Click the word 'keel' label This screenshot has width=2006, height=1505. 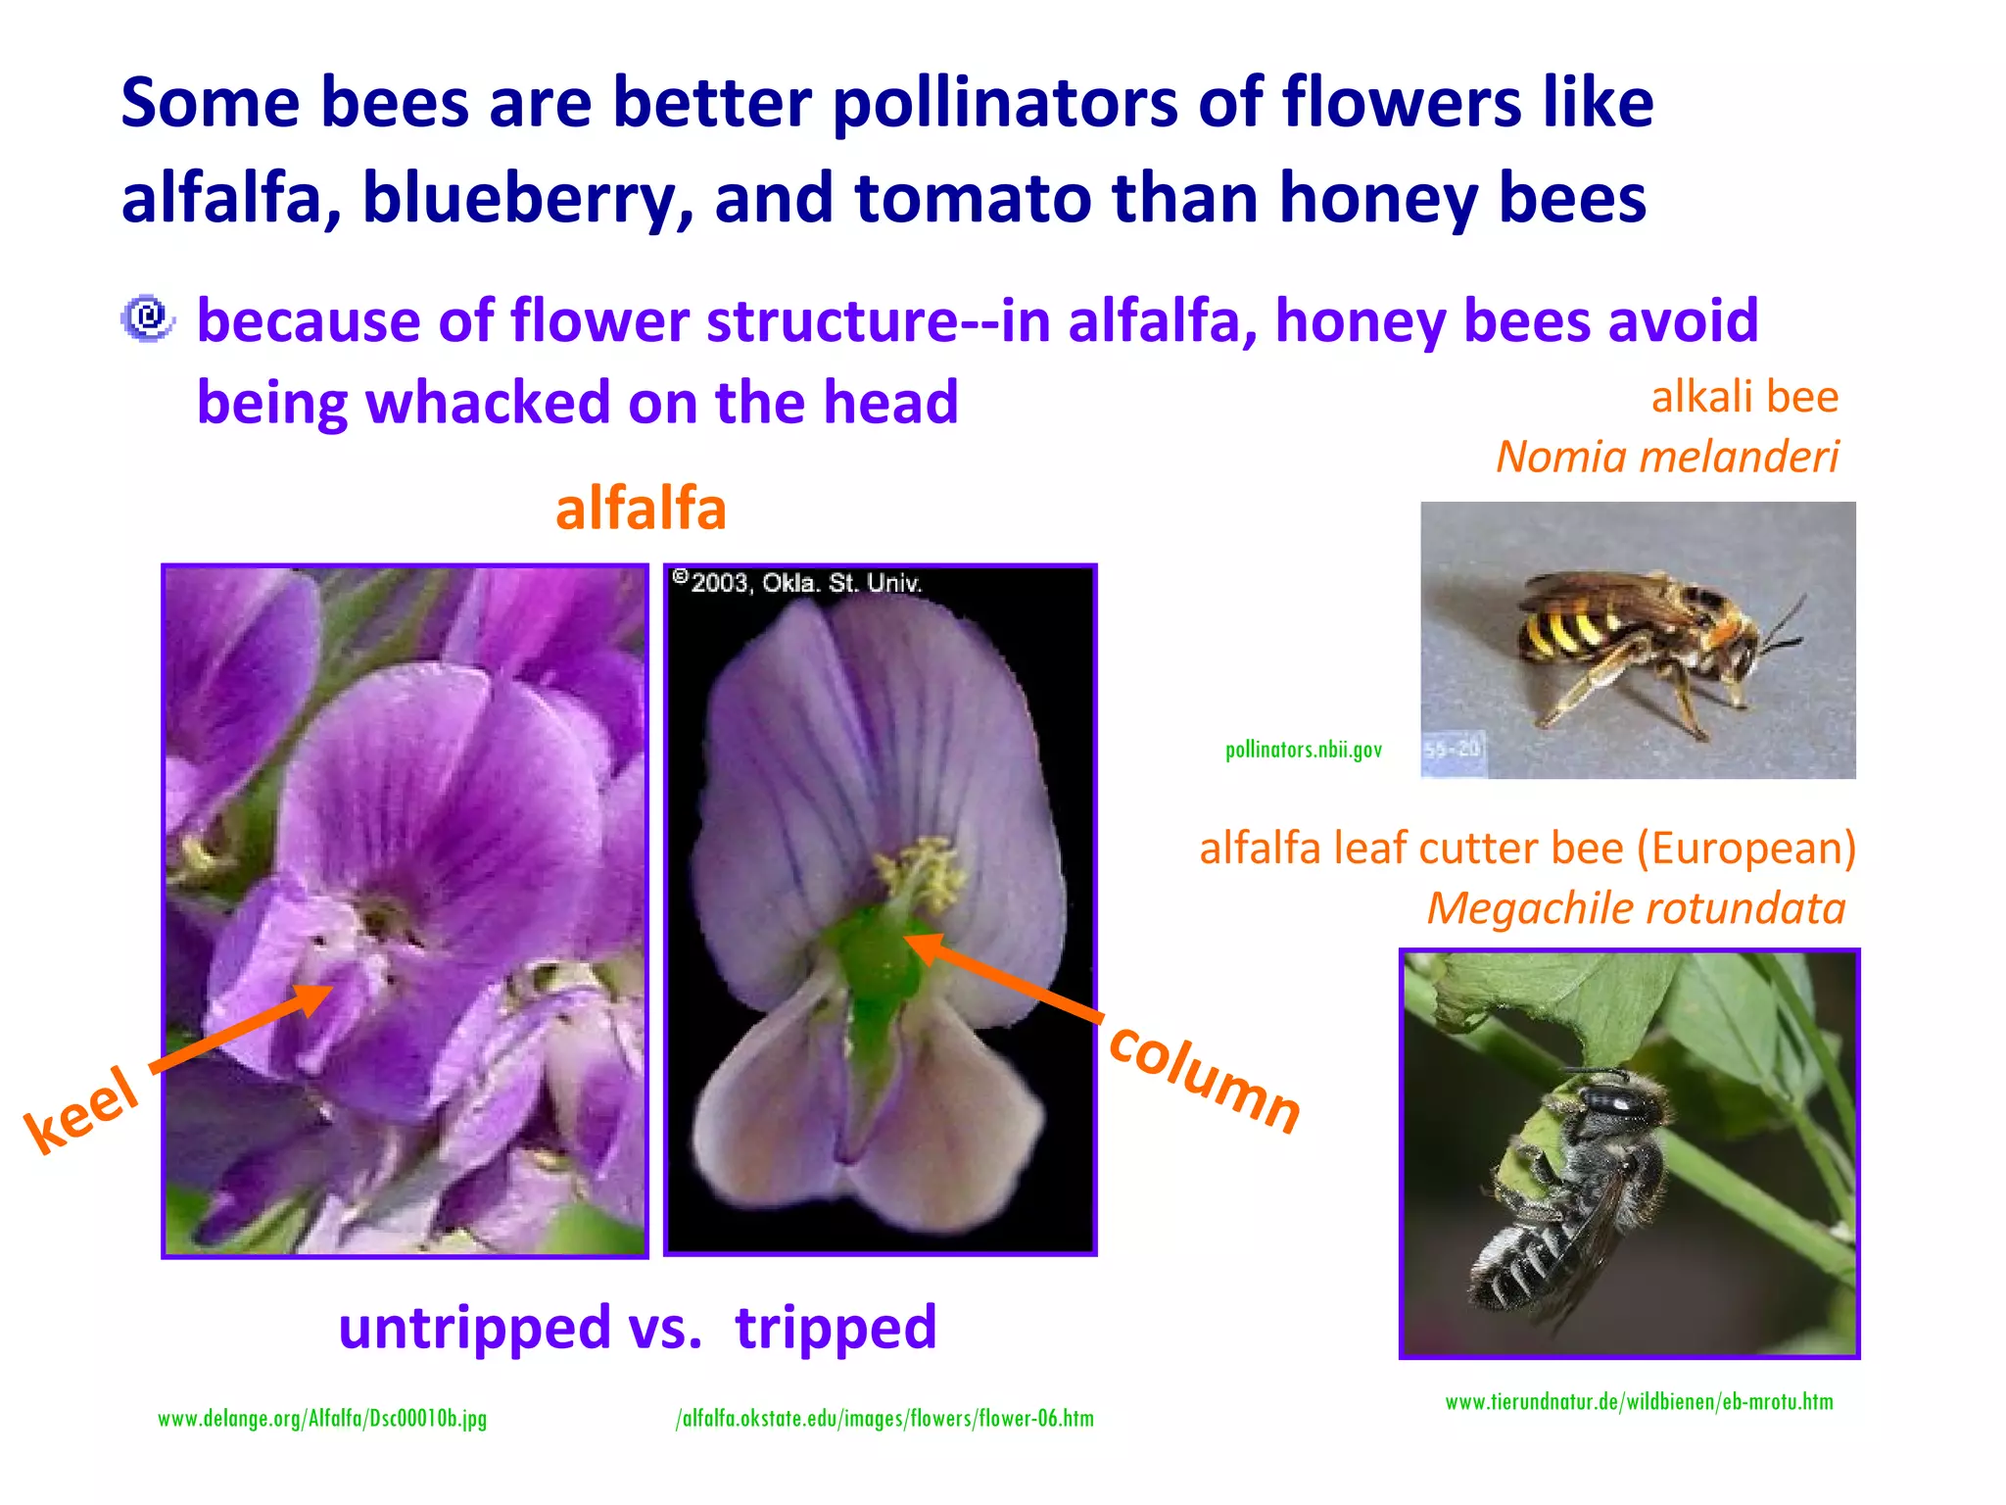pyautogui.click(x=83, y=1109)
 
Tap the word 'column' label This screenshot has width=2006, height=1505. pyautogui.click(x=1205, y=1078)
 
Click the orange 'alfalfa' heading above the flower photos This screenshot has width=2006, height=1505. pyautogui.click(x=641, y=509)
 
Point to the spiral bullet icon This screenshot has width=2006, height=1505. pyautogui.click(x=148, y=318)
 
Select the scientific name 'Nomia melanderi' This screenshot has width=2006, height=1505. pyautogui.click(x=1667, y=457)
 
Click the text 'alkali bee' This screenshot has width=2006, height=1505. pyautogui.click(x=1744, y=397)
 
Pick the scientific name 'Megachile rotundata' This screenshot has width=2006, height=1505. pyautogui.click(x=1636, y=908)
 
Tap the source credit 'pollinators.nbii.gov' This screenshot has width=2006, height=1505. pyautogui.click(x=1303, y=750)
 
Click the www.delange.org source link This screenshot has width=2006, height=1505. pyautogui.click(x=322, y=1419)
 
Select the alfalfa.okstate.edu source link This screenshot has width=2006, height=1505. pyautogui.click(x=884, y=1419)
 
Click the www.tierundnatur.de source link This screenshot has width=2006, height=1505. pyautogui.click(x=1639, y=1402)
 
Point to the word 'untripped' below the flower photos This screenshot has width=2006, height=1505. pyautogui.click(x=474, y=1328)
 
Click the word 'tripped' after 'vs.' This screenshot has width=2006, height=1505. pyautogui.click(x=836, y=1328)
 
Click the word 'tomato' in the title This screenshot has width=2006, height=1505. pyautogui.click(x=972, y=198)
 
